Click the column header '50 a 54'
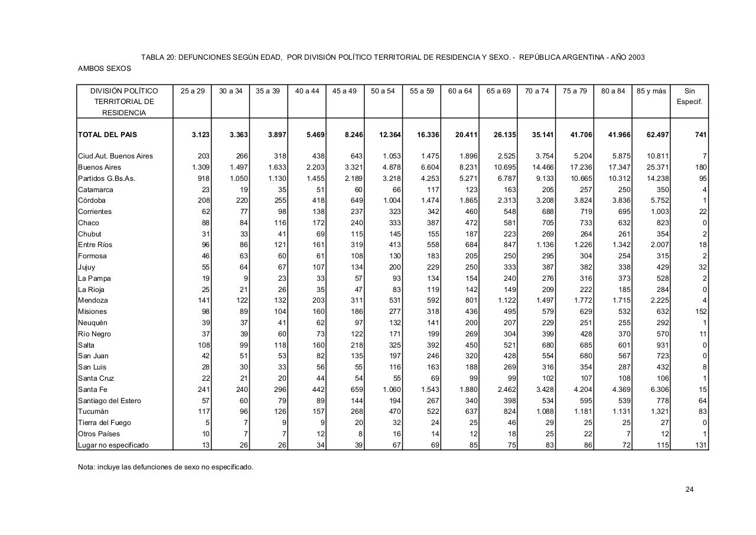pyautogui.click(x=383, y=91)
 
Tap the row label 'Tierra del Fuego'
pyautogui.click(x=105, y=423)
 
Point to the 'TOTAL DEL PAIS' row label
pyautogui.click(x=107, y=135)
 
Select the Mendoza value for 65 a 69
pyautogui.click(x=506, y=300)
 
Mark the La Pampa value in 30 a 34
pyautogui.click(x=245, y=278)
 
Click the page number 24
pyautogui.click(x=690, y=489)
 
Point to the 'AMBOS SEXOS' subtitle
pyautogui.click(x=105, y=69)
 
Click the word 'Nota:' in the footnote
pyautogui.click(x=87, y=467)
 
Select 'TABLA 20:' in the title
pyautogui.click(x=158, y=57)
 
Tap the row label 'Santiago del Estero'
pyautogui.click(x=109, y=401)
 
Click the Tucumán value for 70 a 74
pyautogui.click(x=543, y=411)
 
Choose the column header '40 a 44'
pyautogui.click(x=307, y=91)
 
